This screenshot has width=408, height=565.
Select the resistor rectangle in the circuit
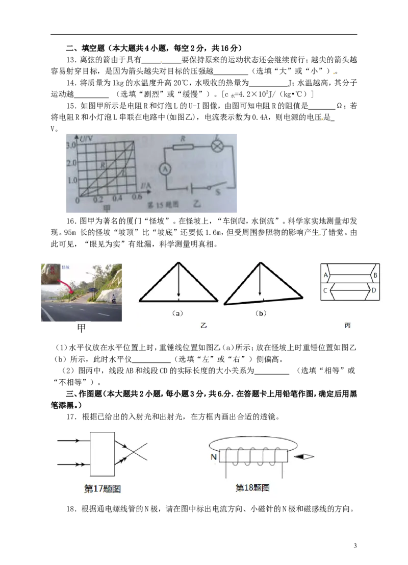tap(183, 146)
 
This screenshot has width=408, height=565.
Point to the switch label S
tap(217, 192)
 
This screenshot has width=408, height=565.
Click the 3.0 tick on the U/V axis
tap(71, 145)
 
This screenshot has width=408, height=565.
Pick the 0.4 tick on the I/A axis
tap(117, 199)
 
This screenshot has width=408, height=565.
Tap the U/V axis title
tap(86, 138)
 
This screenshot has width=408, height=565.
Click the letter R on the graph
tap(103, 165)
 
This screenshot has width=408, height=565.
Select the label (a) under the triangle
tap(177, 313)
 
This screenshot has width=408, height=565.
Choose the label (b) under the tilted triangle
tap(261, 313)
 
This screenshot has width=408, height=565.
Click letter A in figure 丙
tap(326, 275)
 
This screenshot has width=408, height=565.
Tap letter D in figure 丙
tap(374, 290)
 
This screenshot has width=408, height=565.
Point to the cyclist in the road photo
tap(114, 299)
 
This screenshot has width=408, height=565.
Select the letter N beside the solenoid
tap(214, 457)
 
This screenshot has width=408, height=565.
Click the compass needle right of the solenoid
tap(304, 457)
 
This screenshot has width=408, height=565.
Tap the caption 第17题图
tap(103, 489)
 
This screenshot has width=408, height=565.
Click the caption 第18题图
tap(252, 488)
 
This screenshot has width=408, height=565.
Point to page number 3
tap(355, 546)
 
